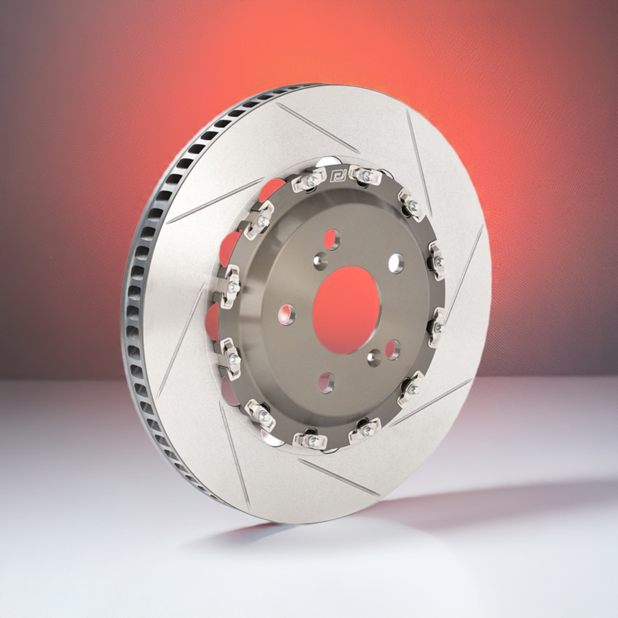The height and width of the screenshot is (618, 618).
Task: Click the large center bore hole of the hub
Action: [346, 309]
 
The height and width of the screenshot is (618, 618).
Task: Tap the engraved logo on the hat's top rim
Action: [336, 175]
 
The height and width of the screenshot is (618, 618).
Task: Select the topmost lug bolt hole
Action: [331, 239]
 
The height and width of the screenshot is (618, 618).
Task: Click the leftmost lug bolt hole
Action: [286, 314]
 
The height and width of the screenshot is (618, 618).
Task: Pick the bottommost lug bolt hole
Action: [326, 381]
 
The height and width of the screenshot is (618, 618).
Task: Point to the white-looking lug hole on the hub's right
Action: [396, 263]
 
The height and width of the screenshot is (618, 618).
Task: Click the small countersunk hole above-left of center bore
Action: [320, 261]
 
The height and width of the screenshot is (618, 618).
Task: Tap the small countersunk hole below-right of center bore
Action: [374, 357]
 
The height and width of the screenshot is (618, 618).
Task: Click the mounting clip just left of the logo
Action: [310, 180]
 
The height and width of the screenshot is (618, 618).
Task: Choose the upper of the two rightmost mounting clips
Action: [437, 261]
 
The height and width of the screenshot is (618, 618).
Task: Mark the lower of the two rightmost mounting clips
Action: [437, 327]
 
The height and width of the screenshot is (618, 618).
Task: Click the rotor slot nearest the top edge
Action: [316, 127]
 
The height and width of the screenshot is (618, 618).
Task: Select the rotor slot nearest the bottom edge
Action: [338, 477]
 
